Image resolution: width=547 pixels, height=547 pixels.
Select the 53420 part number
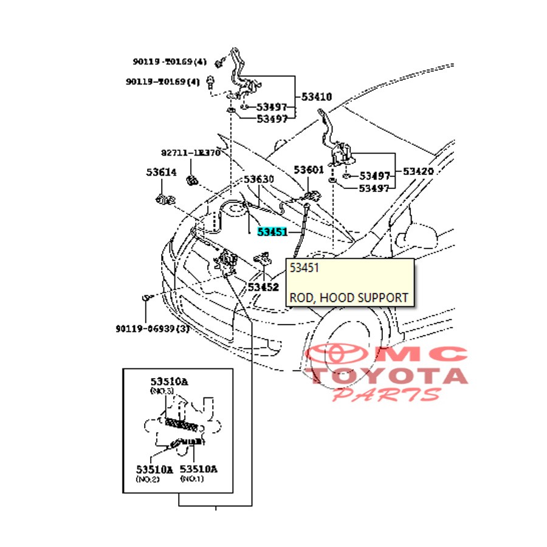[417, 171]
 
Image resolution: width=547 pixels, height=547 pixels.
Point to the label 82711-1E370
[191, 153]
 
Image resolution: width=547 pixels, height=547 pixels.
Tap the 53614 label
[161, 173]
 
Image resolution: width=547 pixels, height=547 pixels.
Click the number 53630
[259, 180]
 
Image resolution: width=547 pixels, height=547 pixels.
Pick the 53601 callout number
[309, 170]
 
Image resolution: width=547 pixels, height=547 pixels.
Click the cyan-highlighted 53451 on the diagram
[272, 232]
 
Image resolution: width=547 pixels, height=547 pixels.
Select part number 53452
[263, 286]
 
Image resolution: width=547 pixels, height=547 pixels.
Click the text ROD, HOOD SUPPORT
[348, 298]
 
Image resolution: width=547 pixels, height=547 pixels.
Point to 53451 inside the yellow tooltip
[304, 268]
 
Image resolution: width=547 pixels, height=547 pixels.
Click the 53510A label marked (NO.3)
[169, 382]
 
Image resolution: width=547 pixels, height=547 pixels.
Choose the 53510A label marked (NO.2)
[154, 469]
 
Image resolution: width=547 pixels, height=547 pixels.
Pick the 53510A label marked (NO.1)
[198, 469]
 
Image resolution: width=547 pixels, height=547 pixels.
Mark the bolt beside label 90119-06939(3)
[146, 297]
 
